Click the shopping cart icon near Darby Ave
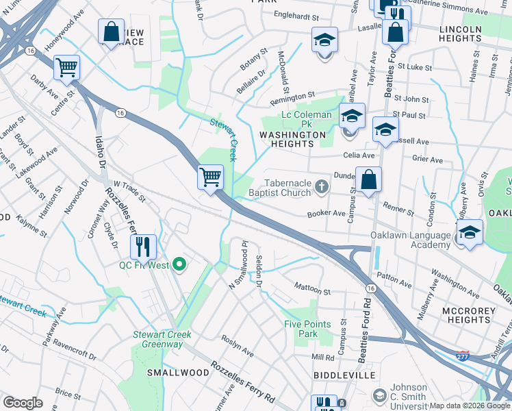[66, 67]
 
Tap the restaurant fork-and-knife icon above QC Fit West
[142, 246]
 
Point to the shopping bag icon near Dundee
[368, 179]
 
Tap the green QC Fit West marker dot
[179, 264]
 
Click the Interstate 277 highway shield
[463, 356]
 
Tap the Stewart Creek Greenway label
[162, 339]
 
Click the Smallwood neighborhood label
[178, 372]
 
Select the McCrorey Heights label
[466, 314]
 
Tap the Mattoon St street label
[311, 286]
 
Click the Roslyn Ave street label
[237, 346]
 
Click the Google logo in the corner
[23, 402]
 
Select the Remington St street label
[292, 97]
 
